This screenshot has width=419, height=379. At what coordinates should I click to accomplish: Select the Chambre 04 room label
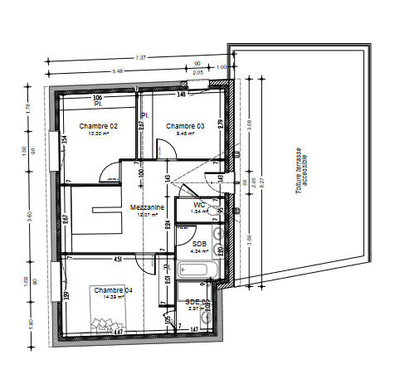click(113, 289)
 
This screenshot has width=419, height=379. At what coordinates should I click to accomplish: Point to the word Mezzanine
click(146, 207)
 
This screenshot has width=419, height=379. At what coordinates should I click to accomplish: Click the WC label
click(199, 204)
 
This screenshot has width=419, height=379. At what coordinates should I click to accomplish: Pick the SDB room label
click(199, 244)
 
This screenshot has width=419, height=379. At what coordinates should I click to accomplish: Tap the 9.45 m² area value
click(182, 133)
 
